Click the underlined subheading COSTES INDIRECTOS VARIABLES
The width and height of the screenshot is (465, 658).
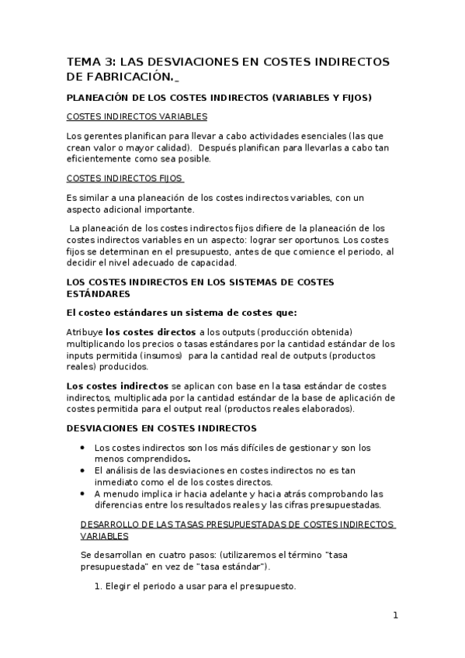(x=137, y=116)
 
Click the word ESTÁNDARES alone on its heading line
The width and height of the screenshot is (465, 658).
(x=93, y=295)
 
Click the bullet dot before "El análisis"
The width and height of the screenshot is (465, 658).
(x=84, y=470)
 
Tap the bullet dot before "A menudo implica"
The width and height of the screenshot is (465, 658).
(x=84, y=493)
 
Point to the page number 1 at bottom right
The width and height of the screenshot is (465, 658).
(x=395, y=616)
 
